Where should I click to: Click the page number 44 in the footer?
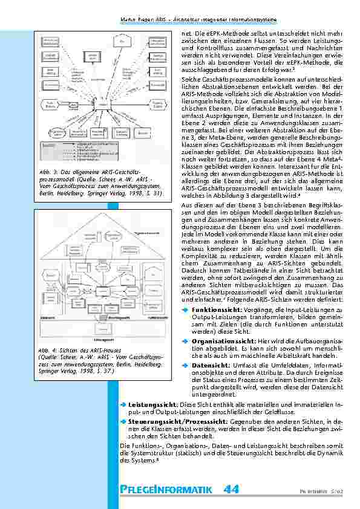(x=231, y=488)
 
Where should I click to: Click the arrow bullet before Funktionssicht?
(x=185, y=309)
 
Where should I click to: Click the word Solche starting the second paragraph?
(x=192, y=79)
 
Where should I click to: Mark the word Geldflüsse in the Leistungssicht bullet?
(x=255, y=409)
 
